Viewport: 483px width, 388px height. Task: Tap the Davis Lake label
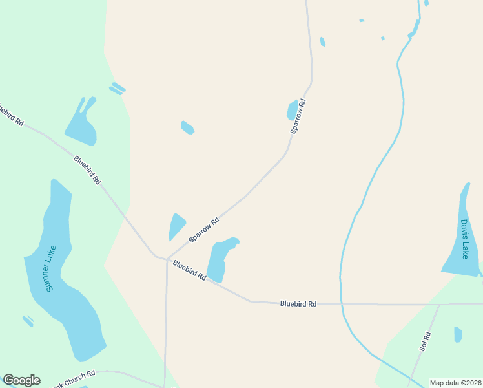[x=464, y=239]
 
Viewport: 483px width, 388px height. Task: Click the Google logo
[x=21, y=380]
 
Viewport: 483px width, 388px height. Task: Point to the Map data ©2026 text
[x=455, y=383]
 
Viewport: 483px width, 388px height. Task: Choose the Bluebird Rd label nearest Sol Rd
[x=298, y=303]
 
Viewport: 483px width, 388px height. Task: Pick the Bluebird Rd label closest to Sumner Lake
[x=87, y=170]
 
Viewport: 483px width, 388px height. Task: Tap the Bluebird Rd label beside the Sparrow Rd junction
[x=189, y=270]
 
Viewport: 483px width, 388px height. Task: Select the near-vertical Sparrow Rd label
[x=298, y=116]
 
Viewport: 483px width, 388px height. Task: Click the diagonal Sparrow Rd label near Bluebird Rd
[x=204, y=230]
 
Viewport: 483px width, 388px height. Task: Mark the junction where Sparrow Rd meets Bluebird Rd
[x=167, y=259]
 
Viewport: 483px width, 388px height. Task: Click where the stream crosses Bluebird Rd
[x=340, y=303]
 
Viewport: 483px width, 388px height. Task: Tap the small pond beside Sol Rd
[x=458, y=334]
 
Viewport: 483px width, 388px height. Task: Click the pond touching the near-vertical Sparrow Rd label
[x=292, y=110]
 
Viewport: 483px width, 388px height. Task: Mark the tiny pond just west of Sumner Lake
[x=28, y=321]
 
